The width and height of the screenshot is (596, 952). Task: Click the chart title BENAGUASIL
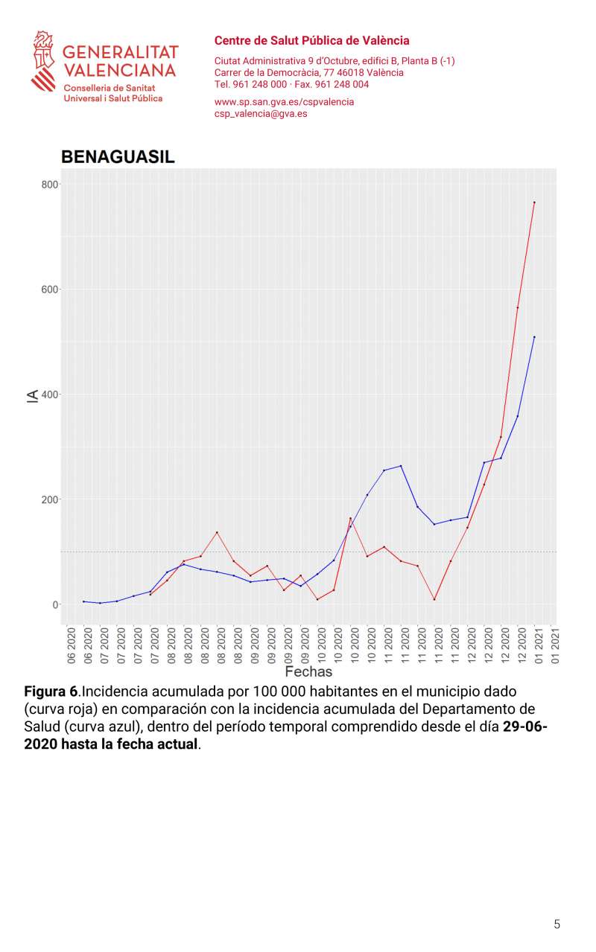pos(118,157)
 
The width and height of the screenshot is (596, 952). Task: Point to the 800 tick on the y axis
pos(50,184)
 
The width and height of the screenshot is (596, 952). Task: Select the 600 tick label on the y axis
pos(50,289)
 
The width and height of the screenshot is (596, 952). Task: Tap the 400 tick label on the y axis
pos(50,394)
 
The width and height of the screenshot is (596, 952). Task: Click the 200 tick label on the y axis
pos(50,499)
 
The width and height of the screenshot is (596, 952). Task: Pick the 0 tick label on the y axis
pos(55,604)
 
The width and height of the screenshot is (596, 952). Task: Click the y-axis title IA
pos(32,394)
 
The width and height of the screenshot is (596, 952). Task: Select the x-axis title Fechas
pos(308,671)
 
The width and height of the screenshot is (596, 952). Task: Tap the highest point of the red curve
pos(534,202)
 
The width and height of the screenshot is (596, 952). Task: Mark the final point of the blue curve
pos(534,337)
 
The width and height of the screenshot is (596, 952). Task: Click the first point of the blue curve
pos(83,601)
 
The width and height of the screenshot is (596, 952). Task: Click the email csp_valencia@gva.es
pos(261,114)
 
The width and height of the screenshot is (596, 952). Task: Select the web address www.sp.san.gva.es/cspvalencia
pos(284,102)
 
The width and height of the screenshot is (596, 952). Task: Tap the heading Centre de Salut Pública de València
pos(311,41)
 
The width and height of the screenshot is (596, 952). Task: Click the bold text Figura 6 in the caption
pos(51,691)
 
